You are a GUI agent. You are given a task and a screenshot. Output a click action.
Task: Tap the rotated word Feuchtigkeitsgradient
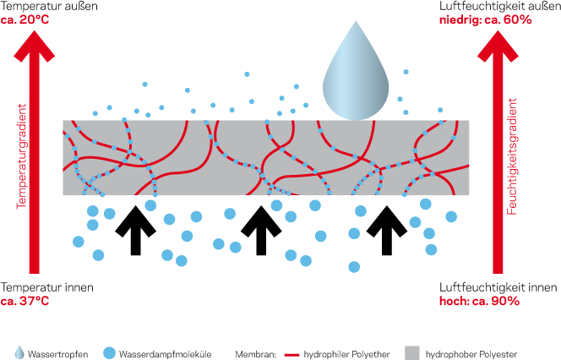point(513,165)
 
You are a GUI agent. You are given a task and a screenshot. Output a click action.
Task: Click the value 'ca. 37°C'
point(24,301)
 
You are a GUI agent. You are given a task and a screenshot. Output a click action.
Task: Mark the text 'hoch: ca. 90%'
point(479,301)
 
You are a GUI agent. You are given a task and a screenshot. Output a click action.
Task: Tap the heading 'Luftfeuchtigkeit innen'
point(498,287)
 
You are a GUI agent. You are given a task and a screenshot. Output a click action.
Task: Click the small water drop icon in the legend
point(19,352)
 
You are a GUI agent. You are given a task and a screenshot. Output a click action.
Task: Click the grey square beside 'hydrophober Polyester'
point(412,352)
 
